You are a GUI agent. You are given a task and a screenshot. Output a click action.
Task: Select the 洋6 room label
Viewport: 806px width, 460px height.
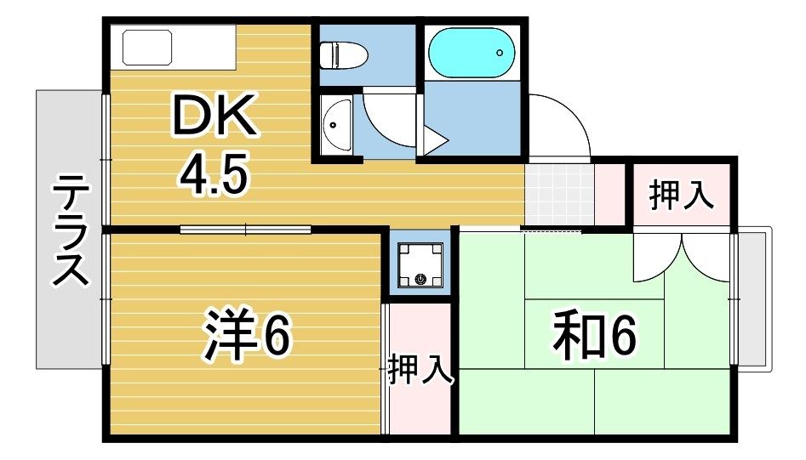coord(248,337)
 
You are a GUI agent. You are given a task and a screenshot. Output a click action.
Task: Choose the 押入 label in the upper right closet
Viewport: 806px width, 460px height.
coord(680,196)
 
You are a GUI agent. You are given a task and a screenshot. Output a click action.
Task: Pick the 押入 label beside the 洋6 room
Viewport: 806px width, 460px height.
coord(420,372)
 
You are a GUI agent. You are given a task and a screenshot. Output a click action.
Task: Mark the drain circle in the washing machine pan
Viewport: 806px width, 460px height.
coord(420,278)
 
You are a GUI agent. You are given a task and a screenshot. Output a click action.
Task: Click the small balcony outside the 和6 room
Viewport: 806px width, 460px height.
coord(753,298)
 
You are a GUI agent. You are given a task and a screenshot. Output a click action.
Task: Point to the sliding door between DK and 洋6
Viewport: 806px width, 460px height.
coord(246,228)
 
